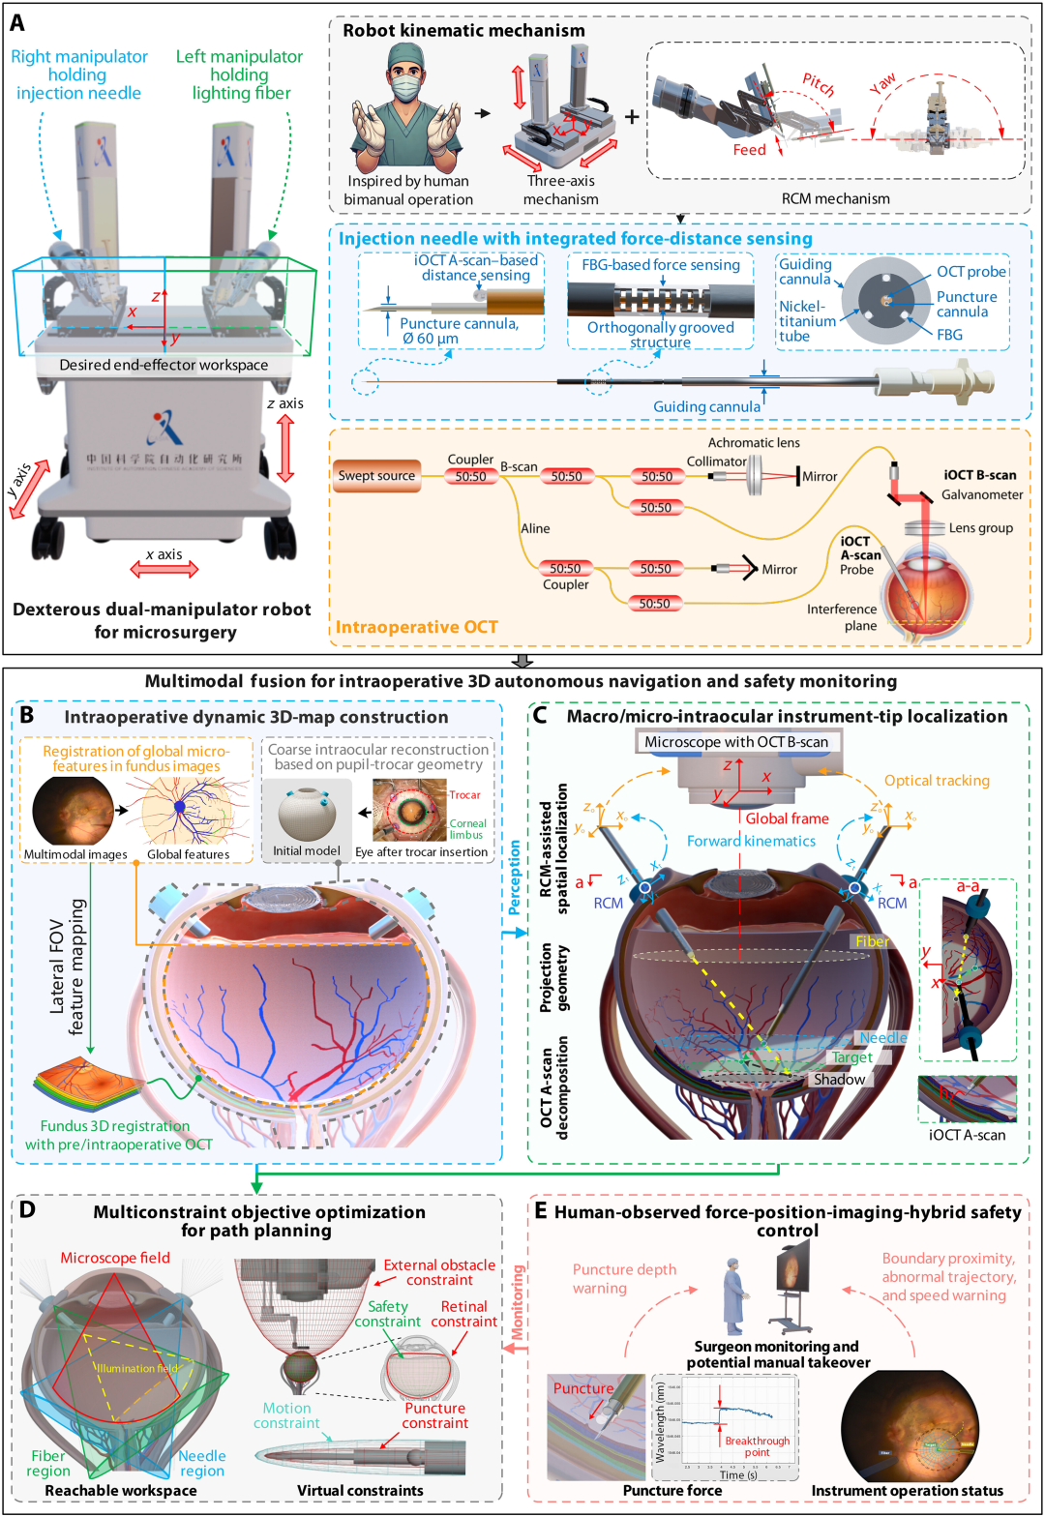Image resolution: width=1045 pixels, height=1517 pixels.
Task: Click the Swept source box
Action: click(376, 476)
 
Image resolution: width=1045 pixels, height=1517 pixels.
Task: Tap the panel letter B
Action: click(27, 715)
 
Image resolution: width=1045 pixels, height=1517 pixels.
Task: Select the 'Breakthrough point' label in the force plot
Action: click(757, 1446)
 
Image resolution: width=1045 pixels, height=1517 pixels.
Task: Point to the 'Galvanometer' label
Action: click(981, 495)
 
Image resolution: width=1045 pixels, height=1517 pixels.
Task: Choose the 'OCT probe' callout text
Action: click(970, 272)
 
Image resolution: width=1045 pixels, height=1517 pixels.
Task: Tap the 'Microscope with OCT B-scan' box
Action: click(736, 742)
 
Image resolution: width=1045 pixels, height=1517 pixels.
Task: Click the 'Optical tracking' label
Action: click(937, 781)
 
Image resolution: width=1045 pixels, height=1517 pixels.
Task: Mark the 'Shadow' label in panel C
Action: click(839, 1080)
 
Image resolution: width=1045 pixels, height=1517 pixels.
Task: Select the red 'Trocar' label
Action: click(464, 795)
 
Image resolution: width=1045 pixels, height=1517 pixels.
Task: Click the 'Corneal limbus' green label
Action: click(467, 829)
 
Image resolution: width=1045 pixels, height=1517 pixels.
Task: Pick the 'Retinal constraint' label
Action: click(463, 1314)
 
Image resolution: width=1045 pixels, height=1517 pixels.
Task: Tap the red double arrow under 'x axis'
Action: click(164, 570)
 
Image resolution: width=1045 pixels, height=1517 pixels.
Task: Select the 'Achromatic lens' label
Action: click(754, 443)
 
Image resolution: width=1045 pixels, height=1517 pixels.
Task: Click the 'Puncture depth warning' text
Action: click(624, 1278)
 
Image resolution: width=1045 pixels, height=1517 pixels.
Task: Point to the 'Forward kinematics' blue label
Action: click(751, 842)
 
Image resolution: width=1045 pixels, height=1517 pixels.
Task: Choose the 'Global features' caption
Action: click(188, 854)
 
